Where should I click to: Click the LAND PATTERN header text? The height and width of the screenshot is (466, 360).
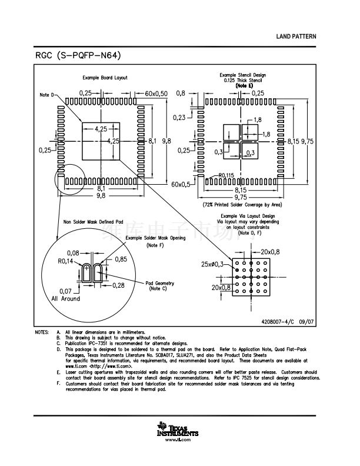pyautogui.click(x=296, y=36)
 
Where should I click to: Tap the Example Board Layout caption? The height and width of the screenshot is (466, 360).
pyautogui.click(x=104, y=78)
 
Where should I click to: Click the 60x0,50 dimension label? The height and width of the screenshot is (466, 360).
pyautogui.click(x=156, y=94)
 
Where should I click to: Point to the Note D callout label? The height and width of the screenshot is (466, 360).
pyautogui.click(x=46, y=95)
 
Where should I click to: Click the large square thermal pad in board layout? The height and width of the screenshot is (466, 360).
pyautogui.click(x=100, y=141)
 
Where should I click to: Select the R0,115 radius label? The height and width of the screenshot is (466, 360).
pyautogui.click(x=226, y=175)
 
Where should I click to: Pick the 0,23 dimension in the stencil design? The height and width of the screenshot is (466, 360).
pyautogui.click(x=179, y=118)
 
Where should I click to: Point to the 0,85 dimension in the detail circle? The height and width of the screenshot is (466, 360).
pyautogui.click(x=121, y=259)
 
